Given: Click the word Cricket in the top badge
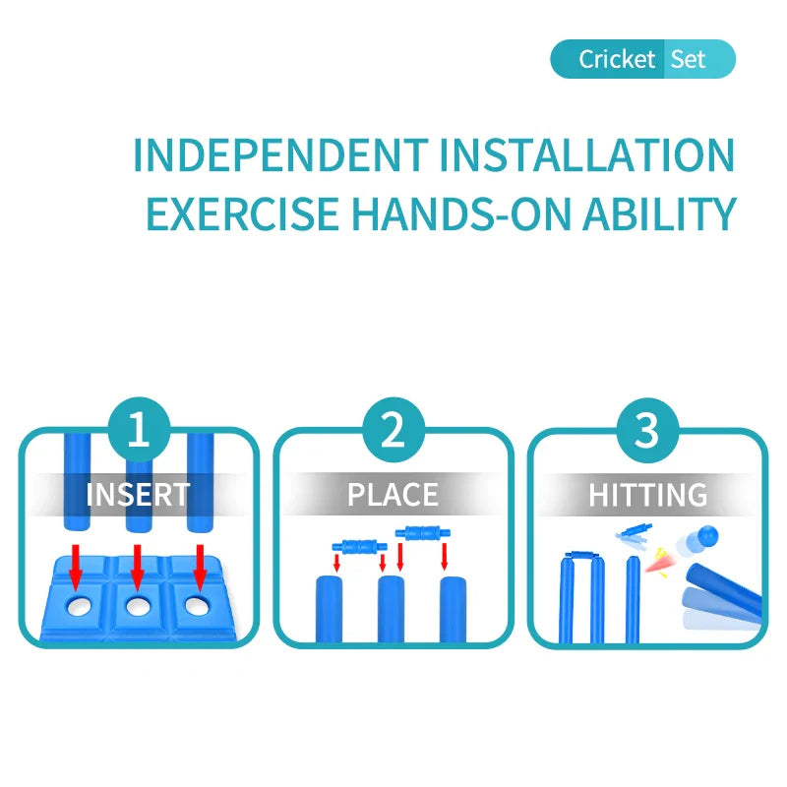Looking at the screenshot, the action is point(617,59).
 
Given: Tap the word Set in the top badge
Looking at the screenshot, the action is point(688,59).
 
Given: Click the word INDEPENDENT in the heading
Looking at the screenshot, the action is point(281,155).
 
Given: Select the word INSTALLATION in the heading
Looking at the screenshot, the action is point(587,155).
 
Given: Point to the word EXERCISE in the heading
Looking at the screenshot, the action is point(242,213).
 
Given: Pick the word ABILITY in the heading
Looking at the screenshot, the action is point(659,213).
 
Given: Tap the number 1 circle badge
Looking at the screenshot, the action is point(139,430).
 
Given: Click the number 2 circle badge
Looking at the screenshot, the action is point(393,430).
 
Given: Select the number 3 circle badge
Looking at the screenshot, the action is point(647,430).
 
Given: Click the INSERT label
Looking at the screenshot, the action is point(138,495).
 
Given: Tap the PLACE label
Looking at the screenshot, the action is point(393,495).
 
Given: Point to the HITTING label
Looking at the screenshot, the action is point(648,495).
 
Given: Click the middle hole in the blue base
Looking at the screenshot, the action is point(138,606).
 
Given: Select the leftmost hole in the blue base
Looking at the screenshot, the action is point(79,607).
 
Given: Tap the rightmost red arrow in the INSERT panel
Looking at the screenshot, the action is point(200,568).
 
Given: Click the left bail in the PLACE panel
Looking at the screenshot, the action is point(360,546).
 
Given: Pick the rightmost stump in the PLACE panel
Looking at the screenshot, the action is point(454,609).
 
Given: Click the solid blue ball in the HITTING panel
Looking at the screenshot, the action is point(707,535).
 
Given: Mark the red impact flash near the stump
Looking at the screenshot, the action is point(659,563).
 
